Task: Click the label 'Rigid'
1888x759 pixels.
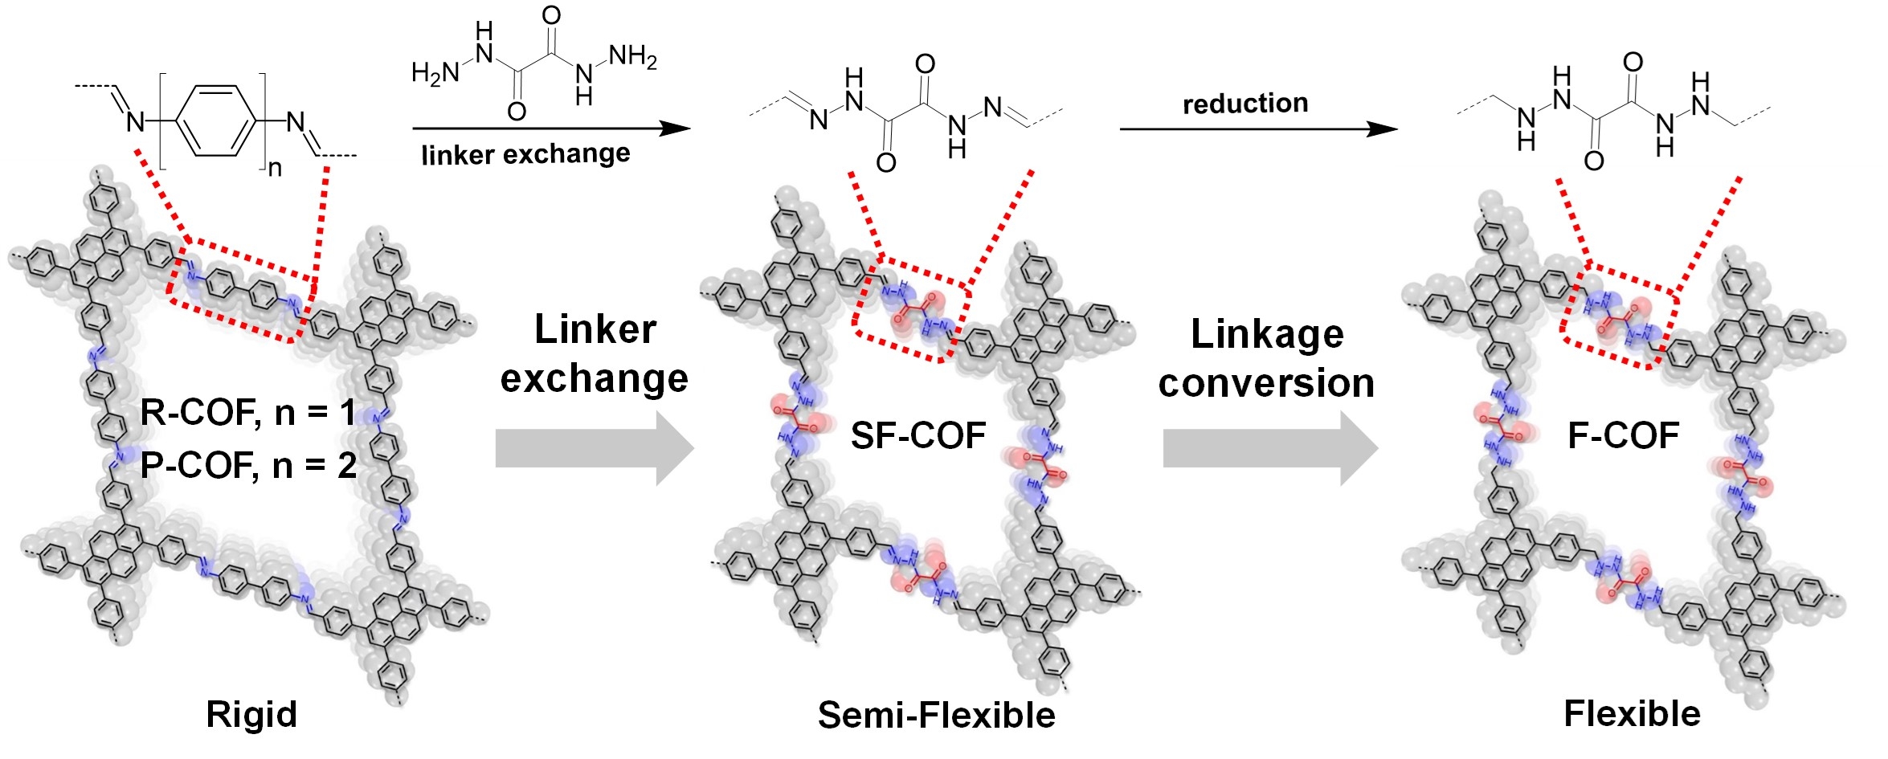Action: pyautogui.click(x=251, y=714)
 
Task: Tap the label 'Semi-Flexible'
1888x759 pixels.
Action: pyautogui.click(x=936, y=715)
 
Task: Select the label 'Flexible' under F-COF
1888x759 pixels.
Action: pyautogui.click(x=1632, y=713)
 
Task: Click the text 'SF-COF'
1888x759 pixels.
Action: pyautogui.click(x=918, y=436)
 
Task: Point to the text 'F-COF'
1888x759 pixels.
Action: pyautogui.click(x=1623, y=436)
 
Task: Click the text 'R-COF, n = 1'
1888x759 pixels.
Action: pyautogui.click(x=247, y=413)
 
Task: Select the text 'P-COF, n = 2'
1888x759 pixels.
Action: pyautogui.click(x=247, y=465)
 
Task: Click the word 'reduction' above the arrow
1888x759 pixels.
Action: pyautogui.click(x=1245, y=103)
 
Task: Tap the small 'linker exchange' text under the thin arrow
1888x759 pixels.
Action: pyautogui.click(x=525, y=153)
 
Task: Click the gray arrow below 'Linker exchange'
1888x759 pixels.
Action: pyautogui.click(x=595, y=448)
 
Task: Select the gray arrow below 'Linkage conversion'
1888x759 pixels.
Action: pyautogui.click(x=1269, y=448)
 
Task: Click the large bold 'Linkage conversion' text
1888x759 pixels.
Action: pyautogui.click(x=1266, y=358)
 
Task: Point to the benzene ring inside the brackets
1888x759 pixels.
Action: pyautogui.click(x=213, y=120)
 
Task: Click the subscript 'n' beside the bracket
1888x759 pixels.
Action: pyautogui.click(x=275, y=168)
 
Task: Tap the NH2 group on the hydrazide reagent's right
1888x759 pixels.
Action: pyautogui.click(x=633, y=57)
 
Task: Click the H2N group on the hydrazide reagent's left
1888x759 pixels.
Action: pyautogui.click(x=434, y=73)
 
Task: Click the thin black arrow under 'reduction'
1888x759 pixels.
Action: pyautogui.click(x=1257, y=129)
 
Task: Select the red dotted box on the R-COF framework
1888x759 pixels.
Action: pyautogui.click(x=241, y=290)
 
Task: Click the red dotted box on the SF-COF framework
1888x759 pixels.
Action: pyautogui.click(x=911, y=309)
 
